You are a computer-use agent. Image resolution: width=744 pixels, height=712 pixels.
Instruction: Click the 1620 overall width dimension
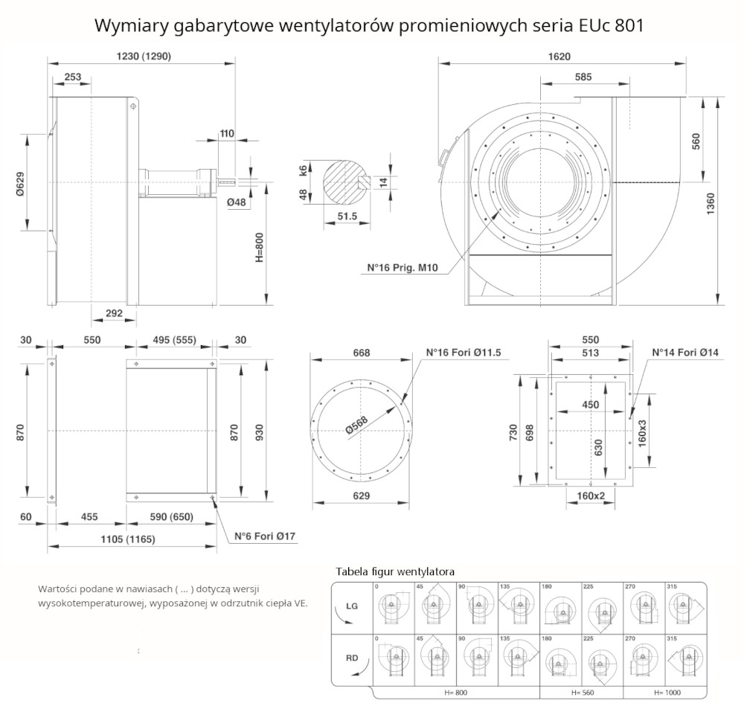(x=560, y=57)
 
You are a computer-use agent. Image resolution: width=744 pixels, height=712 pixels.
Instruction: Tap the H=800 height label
(x=260, y=246)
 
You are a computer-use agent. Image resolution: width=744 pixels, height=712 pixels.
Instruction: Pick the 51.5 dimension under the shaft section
(x=347, y=217)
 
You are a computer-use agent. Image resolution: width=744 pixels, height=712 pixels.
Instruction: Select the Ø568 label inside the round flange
(x=356, y=423)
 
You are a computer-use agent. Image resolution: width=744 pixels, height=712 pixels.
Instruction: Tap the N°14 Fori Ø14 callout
(x=685, y=353)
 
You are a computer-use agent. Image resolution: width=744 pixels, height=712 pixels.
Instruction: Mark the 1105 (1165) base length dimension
(x=129, y=539)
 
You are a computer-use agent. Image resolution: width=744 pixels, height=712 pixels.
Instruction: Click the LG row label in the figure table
(x=353, y=606)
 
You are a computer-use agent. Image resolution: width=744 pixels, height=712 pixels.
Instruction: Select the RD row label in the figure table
(x=353, y=658)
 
